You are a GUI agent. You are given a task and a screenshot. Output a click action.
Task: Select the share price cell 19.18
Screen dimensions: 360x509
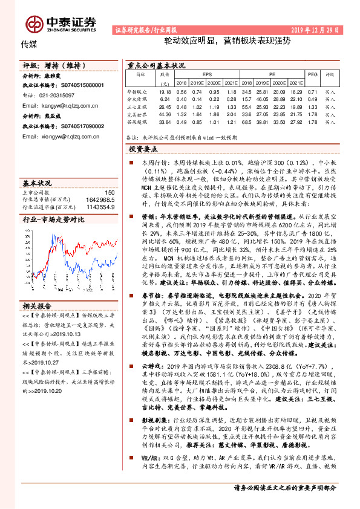(x=164, y=91)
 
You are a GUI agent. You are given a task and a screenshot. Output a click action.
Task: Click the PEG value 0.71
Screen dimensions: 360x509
(x=312, y=91)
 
